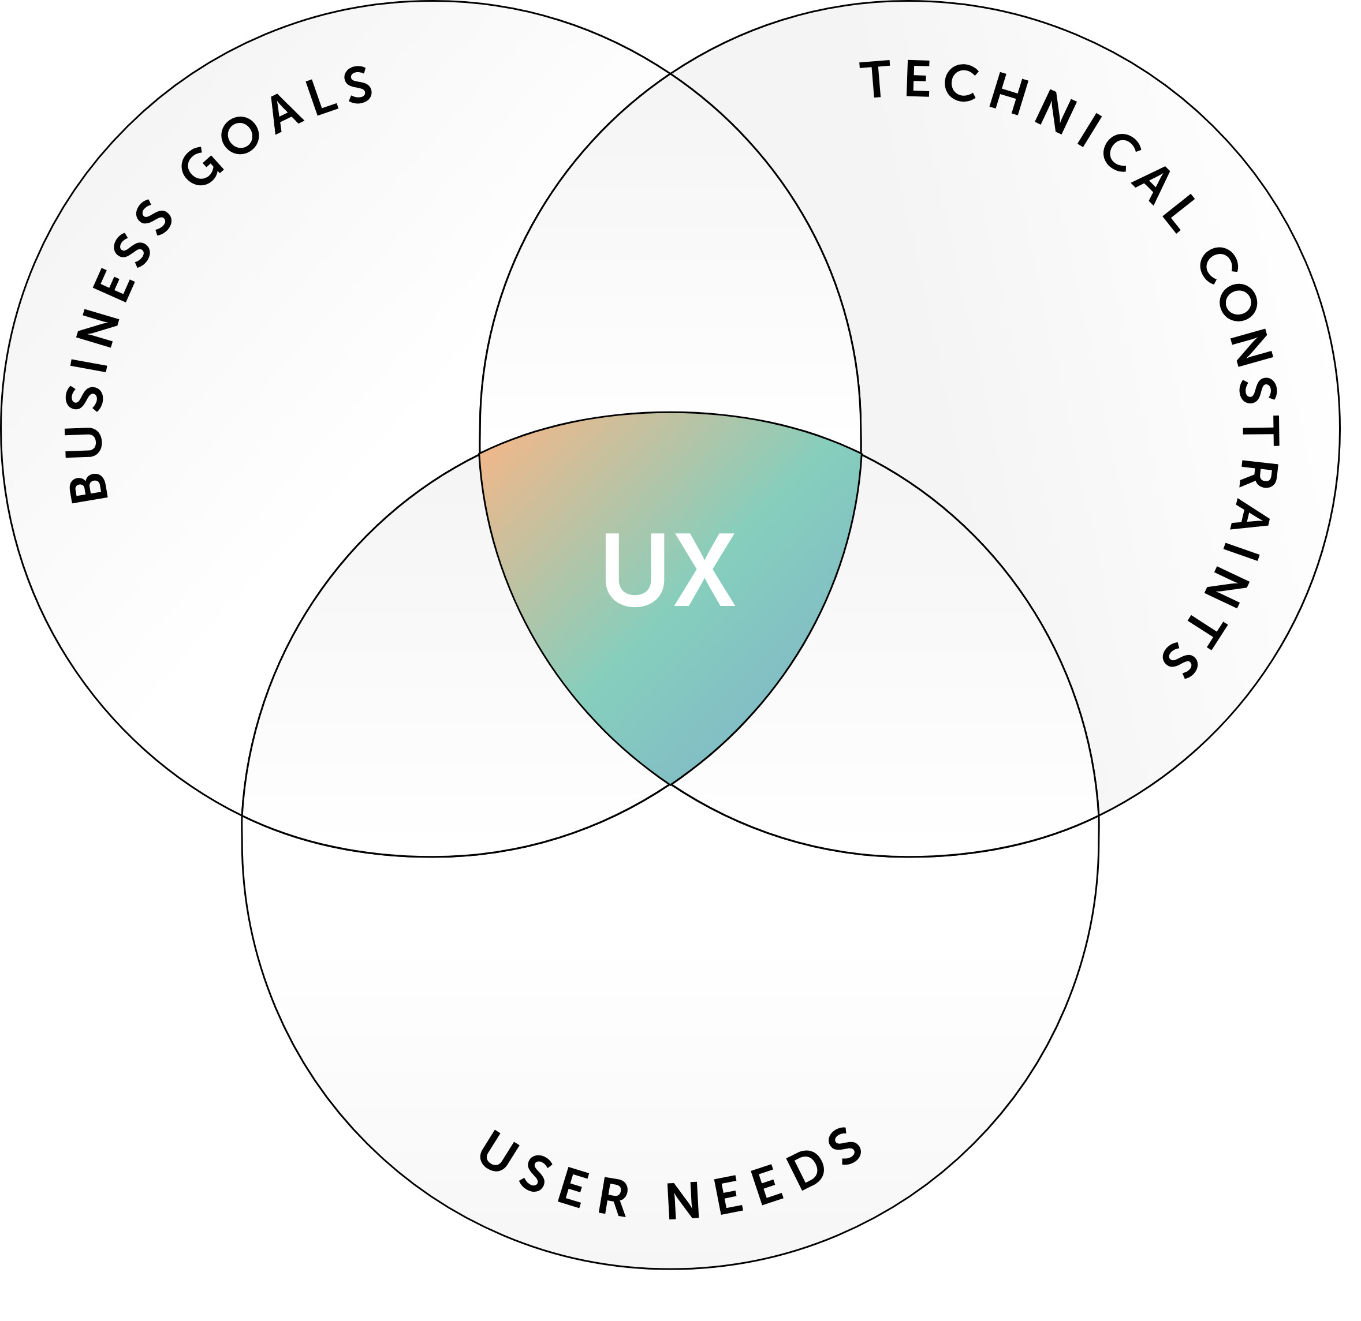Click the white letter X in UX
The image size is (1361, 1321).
(705, 570)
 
